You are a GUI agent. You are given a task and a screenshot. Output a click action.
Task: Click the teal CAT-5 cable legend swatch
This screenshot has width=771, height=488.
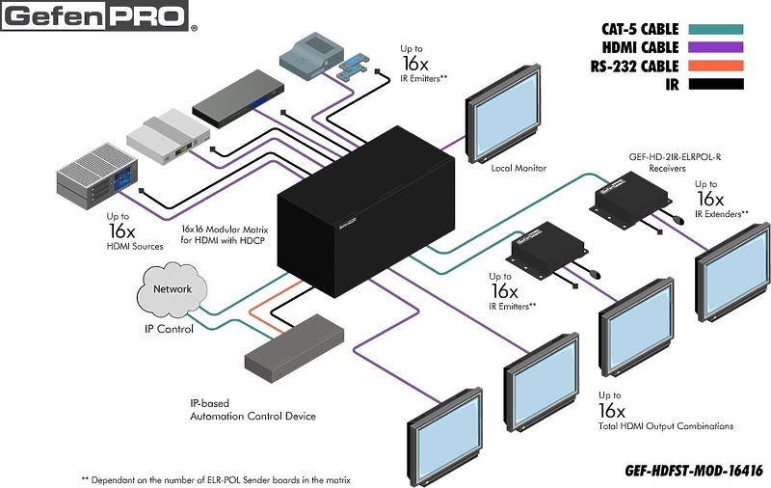pos(715,30)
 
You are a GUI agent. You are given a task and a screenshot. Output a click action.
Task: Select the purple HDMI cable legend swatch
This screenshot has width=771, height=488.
pos(715,47)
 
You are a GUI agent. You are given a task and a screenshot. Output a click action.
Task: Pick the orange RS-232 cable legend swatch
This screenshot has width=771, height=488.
pos(715,66)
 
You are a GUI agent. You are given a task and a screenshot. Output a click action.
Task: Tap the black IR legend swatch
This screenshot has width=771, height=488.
pos(715,84)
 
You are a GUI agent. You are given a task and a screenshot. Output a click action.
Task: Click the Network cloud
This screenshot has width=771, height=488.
pos(171,289)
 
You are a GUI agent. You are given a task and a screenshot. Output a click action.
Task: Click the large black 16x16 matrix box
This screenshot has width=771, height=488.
pos(365,211)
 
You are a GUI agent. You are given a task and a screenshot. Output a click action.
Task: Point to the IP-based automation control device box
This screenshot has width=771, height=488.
pos(295,348)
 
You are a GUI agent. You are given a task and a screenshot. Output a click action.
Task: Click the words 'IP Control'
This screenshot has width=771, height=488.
pos(169,329)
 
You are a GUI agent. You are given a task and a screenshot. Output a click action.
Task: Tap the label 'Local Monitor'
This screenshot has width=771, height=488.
pos(518,168)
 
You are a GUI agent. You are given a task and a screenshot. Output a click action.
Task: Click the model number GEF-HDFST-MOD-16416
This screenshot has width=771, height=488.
pos(694,471)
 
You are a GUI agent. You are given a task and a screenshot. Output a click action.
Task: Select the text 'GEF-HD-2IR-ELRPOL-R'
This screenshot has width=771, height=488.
pos(675,157)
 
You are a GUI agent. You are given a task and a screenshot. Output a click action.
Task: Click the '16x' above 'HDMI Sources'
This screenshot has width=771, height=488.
pos(121,230)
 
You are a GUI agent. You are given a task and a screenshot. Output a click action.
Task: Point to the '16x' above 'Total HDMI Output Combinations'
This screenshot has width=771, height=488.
pos(611,410)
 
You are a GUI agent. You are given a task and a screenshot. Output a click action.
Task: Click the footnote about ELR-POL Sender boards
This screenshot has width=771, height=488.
pos(216,480)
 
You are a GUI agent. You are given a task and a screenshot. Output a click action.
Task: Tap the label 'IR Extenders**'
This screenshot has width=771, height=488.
pos(721,214)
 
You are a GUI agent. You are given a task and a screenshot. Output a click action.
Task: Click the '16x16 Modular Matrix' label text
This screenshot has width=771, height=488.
pos(225,230)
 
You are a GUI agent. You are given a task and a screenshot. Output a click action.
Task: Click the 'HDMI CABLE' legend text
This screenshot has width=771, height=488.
pos(640,47)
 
